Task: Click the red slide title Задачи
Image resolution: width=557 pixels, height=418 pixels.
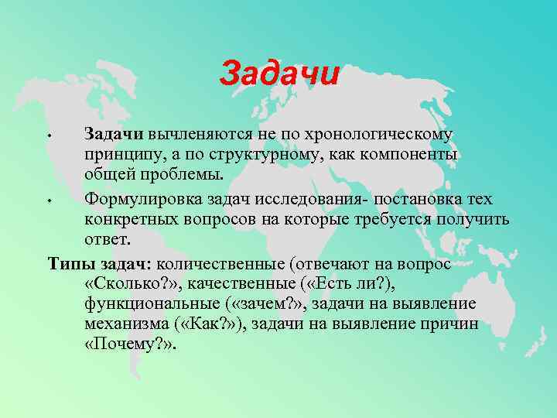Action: tap(279, 74)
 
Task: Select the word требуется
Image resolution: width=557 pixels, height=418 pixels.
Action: tap(387, 220)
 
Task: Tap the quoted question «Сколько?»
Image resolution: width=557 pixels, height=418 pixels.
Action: tap(126, 284)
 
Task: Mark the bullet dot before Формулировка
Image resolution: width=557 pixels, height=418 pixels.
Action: tap(49, 202)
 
